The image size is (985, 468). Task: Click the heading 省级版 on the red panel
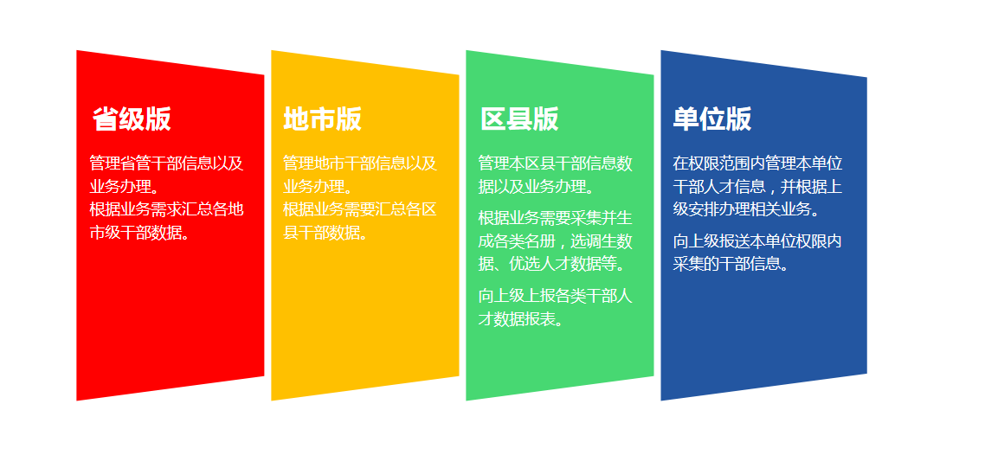click(x=132, y=119)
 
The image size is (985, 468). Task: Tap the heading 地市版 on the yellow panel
click(x=322, y=119)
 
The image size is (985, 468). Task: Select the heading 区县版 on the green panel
click(x=519, y=119)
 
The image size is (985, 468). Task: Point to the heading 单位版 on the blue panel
click(x=712, y=119)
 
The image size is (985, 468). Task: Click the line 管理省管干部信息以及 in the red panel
click(x=166, y=163)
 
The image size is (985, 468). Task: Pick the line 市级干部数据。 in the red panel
click(x=139, y=233)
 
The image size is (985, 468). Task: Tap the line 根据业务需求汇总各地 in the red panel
click(x=166, y=209)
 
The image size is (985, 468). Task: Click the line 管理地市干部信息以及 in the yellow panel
click(x=360, y=163)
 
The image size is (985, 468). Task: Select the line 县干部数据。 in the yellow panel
click(x=325, y=233)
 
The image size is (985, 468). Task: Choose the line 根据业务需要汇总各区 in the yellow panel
click(x=360, y=209)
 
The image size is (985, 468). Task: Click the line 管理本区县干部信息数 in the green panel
click(x=556, y=163)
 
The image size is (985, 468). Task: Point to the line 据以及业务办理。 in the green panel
click(x=537, y=187)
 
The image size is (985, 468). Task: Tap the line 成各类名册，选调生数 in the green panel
click(x=556, y=241)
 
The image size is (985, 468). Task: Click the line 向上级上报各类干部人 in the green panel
click(x=556, y=296)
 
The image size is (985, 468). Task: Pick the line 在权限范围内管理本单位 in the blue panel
click(x=757, y=163)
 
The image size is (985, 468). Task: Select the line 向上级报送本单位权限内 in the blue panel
click(x=757, y=240)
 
